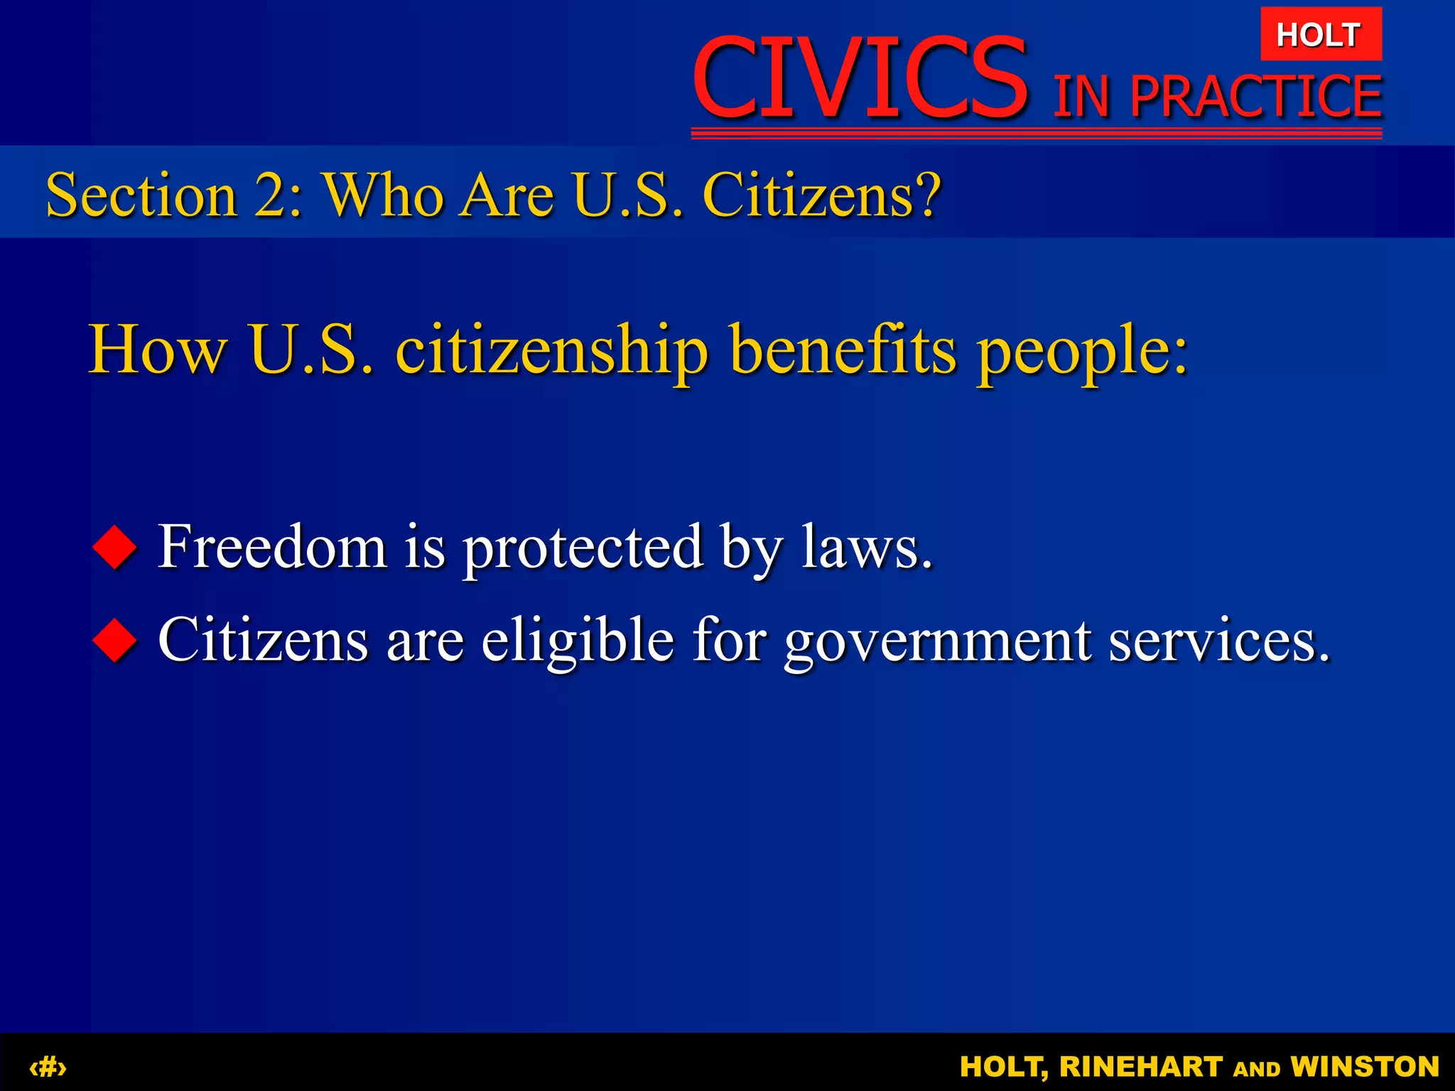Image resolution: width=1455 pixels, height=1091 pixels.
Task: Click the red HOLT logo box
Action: pyautogui.click(x=1321, y=34)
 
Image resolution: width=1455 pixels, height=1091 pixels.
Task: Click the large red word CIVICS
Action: pyautogui.click(x=860, y=79)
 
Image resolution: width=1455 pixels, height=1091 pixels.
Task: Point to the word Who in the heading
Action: pyautogui.click(x=384, y=195)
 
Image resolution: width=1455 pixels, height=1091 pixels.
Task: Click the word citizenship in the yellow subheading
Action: pyautogui.click(x=551, y=350)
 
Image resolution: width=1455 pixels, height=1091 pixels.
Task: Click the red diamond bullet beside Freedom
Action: pyautogui.click(x=114, y=548)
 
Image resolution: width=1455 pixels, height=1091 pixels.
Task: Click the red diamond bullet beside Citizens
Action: pyautogui.click(x=114, y=640)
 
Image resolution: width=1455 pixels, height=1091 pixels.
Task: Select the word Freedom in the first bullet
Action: pyautogui.click(x=272, y=546)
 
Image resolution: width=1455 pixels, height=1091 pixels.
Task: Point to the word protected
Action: pyautogui.click(x=583, y=548)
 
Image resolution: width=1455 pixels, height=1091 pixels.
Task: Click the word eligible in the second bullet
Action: pyautogui.click(x=578, y=640)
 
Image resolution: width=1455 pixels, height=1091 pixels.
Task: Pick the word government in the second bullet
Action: pyautogui.click(x=937, y=641)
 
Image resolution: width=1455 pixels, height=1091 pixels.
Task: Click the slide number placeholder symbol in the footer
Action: pyautogui.click(x=48, y=1066)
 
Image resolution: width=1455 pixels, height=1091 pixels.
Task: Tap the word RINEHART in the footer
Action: pyautogui.click(x=1141, y=1066)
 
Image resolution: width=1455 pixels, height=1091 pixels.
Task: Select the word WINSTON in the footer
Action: pyautogui.click(x=1365, y=1066)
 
